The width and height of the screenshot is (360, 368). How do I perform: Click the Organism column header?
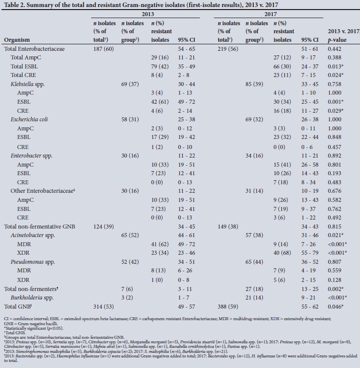tap(17, 40)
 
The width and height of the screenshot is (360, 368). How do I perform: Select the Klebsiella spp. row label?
tap(28, 84)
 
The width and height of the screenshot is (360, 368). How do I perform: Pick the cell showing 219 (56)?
tap(229, 49)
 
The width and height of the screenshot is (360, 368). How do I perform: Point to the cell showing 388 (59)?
tap(229, 306)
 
